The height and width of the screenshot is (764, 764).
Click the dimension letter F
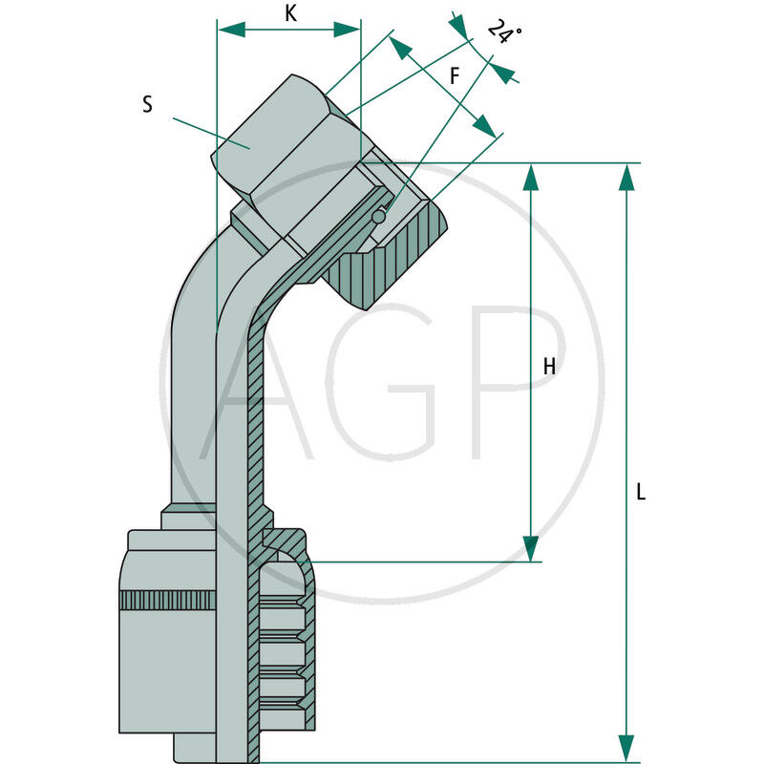pos(455,75)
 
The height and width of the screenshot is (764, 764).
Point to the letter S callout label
pos(147,105)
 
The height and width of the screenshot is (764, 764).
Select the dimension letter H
pos(549,366)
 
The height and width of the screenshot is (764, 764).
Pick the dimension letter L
pos(641,493)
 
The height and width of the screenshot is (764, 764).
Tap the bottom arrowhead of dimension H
pos(531,548)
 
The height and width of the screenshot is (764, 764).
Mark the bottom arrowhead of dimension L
pos(626,749)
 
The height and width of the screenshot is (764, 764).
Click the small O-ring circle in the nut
pos(378,217)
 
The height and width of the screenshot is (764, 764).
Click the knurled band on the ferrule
pos(167,602)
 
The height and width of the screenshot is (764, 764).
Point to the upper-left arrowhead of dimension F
pos(400,48)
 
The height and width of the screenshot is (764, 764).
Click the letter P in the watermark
pos(516,382)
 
